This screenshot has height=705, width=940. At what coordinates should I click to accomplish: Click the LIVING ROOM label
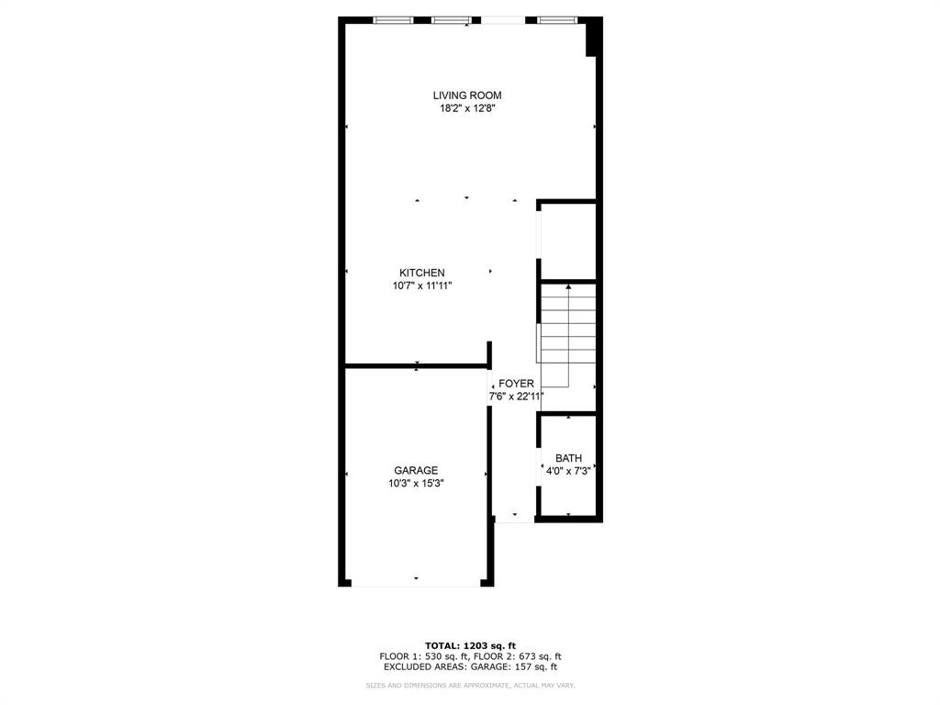click(467, 95)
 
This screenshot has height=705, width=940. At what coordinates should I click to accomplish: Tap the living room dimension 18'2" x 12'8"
click(467, 108)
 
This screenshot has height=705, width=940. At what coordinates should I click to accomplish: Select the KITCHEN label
click(421, 273)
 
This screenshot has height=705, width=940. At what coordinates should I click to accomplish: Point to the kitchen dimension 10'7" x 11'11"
click(421, 285)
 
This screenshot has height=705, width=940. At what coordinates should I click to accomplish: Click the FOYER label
click(516, 384)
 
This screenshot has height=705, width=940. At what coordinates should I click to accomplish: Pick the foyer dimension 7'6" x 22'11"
click(516, 397)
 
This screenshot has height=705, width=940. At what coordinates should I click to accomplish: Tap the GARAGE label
click(416, 471)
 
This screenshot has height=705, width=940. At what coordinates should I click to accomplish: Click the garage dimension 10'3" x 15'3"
click(416, 484)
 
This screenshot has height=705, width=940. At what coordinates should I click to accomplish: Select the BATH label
click(568, 458)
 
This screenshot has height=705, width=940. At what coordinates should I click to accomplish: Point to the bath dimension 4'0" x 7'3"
click(568, 471)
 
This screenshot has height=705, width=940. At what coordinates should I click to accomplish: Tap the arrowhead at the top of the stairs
click(568, 287)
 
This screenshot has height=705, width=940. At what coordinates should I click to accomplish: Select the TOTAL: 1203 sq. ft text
click(470, 645)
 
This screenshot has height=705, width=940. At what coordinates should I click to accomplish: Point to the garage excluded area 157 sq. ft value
click(533, 667)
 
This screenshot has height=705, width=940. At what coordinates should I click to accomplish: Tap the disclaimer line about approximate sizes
click(470, 686)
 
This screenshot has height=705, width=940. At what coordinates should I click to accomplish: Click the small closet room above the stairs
click(567, 241)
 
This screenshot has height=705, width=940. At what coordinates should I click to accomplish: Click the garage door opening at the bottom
click(416, 583)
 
